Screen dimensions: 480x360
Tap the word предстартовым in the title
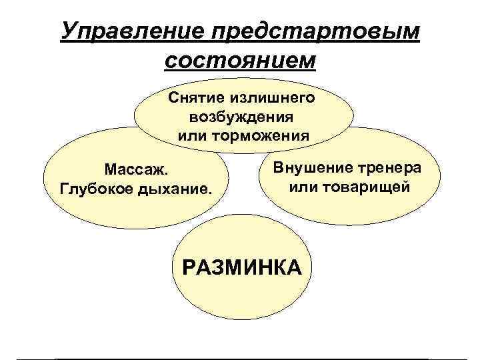(315, 31)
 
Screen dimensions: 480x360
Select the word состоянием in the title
(239, 61)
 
